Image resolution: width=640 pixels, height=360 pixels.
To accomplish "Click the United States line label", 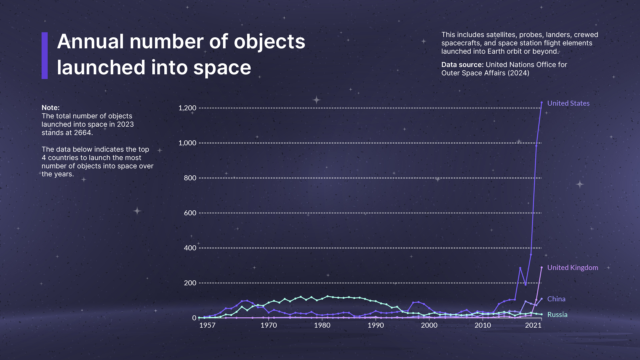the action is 568,103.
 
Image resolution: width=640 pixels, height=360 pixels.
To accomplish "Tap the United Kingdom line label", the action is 573,268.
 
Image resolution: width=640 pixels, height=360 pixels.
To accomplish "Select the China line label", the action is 556,299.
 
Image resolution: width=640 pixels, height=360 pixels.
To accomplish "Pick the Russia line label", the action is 557,315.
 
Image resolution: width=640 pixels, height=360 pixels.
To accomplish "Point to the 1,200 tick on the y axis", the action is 187,108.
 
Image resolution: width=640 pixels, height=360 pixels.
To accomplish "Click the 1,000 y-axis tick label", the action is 187,143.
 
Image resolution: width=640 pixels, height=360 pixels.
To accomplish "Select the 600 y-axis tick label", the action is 190,213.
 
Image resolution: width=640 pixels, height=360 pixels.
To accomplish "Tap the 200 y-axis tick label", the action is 190,283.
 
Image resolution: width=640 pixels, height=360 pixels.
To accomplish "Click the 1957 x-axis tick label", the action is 207,325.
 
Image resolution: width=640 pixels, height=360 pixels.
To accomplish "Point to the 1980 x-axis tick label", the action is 322,325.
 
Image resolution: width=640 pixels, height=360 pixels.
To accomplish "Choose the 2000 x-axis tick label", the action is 429,325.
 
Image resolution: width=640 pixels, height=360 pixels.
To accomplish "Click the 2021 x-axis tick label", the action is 533,325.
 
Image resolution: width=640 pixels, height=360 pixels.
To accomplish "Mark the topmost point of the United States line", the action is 542,103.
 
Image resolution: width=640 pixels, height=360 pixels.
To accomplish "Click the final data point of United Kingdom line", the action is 542,267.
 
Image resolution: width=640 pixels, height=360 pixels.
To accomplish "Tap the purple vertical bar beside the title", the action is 45,56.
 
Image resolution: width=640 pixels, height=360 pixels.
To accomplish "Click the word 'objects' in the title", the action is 270,42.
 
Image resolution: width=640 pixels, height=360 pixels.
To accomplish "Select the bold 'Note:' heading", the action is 51,108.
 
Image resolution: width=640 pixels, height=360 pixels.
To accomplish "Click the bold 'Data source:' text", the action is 462,65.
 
